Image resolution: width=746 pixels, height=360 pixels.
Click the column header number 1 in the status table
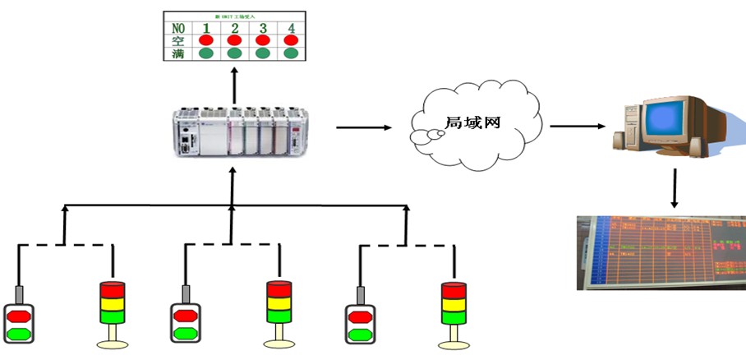[x=205, y=27]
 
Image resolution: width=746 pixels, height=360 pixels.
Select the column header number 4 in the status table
[x=291, y=27]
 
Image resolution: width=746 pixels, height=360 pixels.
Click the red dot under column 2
[x=234, y=40]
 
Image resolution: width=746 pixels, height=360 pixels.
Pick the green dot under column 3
[x=263, y=53]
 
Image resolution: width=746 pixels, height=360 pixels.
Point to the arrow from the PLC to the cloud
[x=362, y=127]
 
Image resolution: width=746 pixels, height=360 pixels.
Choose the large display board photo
[x=661, y=252]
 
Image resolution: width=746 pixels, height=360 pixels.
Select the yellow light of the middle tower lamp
[x=279, y=302]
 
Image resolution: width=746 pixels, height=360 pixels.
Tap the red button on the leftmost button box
[x=19, y=316]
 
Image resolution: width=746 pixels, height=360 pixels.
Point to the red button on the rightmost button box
[x=360, y=316]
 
